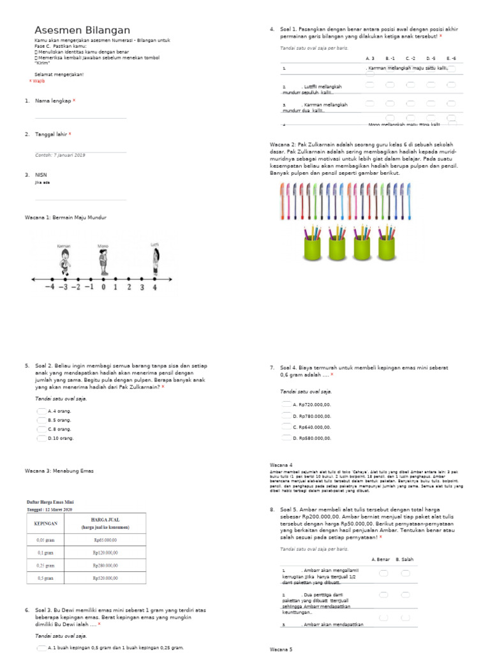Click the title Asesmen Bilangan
pos(82,30)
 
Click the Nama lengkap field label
pos(52,101)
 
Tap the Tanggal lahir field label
pos(50,134)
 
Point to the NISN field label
pos(41,174)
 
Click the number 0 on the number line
pos(103,287)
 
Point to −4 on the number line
pos(50,287)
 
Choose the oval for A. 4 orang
pos(42,411)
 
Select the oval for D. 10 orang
pos(42,438)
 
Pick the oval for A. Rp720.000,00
pos(286,404)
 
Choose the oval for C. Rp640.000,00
pos(286,427)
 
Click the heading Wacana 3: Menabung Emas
pos(59,471)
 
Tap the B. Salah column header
pos(405,559)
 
